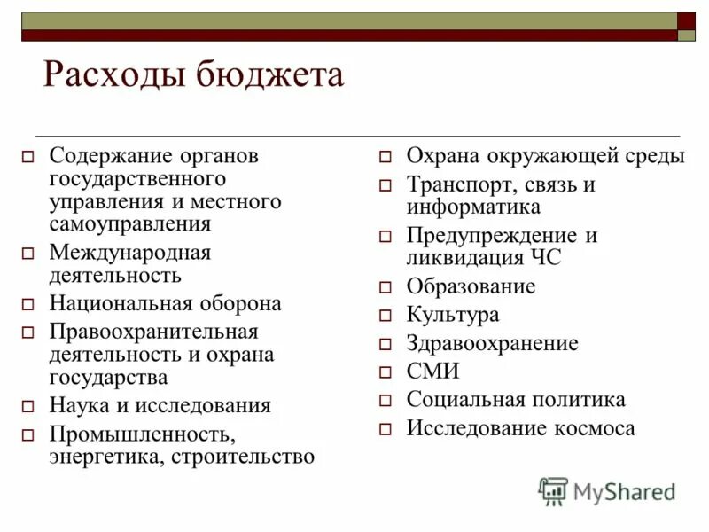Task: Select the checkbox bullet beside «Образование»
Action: click(386, 288)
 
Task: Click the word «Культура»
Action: click(453, 315)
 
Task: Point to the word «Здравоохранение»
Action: click(492, 343)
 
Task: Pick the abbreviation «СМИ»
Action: click(432, 372)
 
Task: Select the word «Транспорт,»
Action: click(459, 185)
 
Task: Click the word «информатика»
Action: click(473, 207)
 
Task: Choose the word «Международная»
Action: click(130, 253)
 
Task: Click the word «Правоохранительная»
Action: click(153, 332)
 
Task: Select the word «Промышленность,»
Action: click(142, 434)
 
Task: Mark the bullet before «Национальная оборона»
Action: click(27, 304)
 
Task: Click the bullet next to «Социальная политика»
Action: click(386, 401)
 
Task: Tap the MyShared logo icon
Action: click(553, 490)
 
